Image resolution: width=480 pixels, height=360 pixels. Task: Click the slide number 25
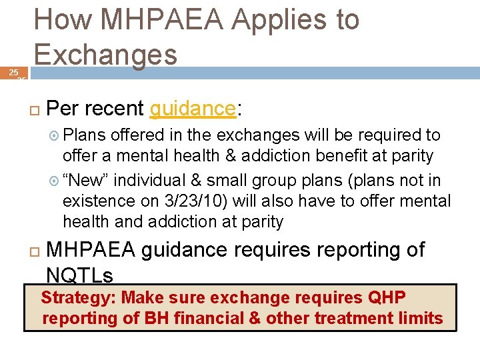[x=12, y=71]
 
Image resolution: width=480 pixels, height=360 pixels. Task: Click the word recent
[x=114, y=108]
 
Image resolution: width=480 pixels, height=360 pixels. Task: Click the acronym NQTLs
[x=80, y=275]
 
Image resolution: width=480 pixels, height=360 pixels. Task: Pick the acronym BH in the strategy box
[x=156, y=318]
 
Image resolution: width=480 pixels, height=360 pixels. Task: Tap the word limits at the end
[x=420, y=318]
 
